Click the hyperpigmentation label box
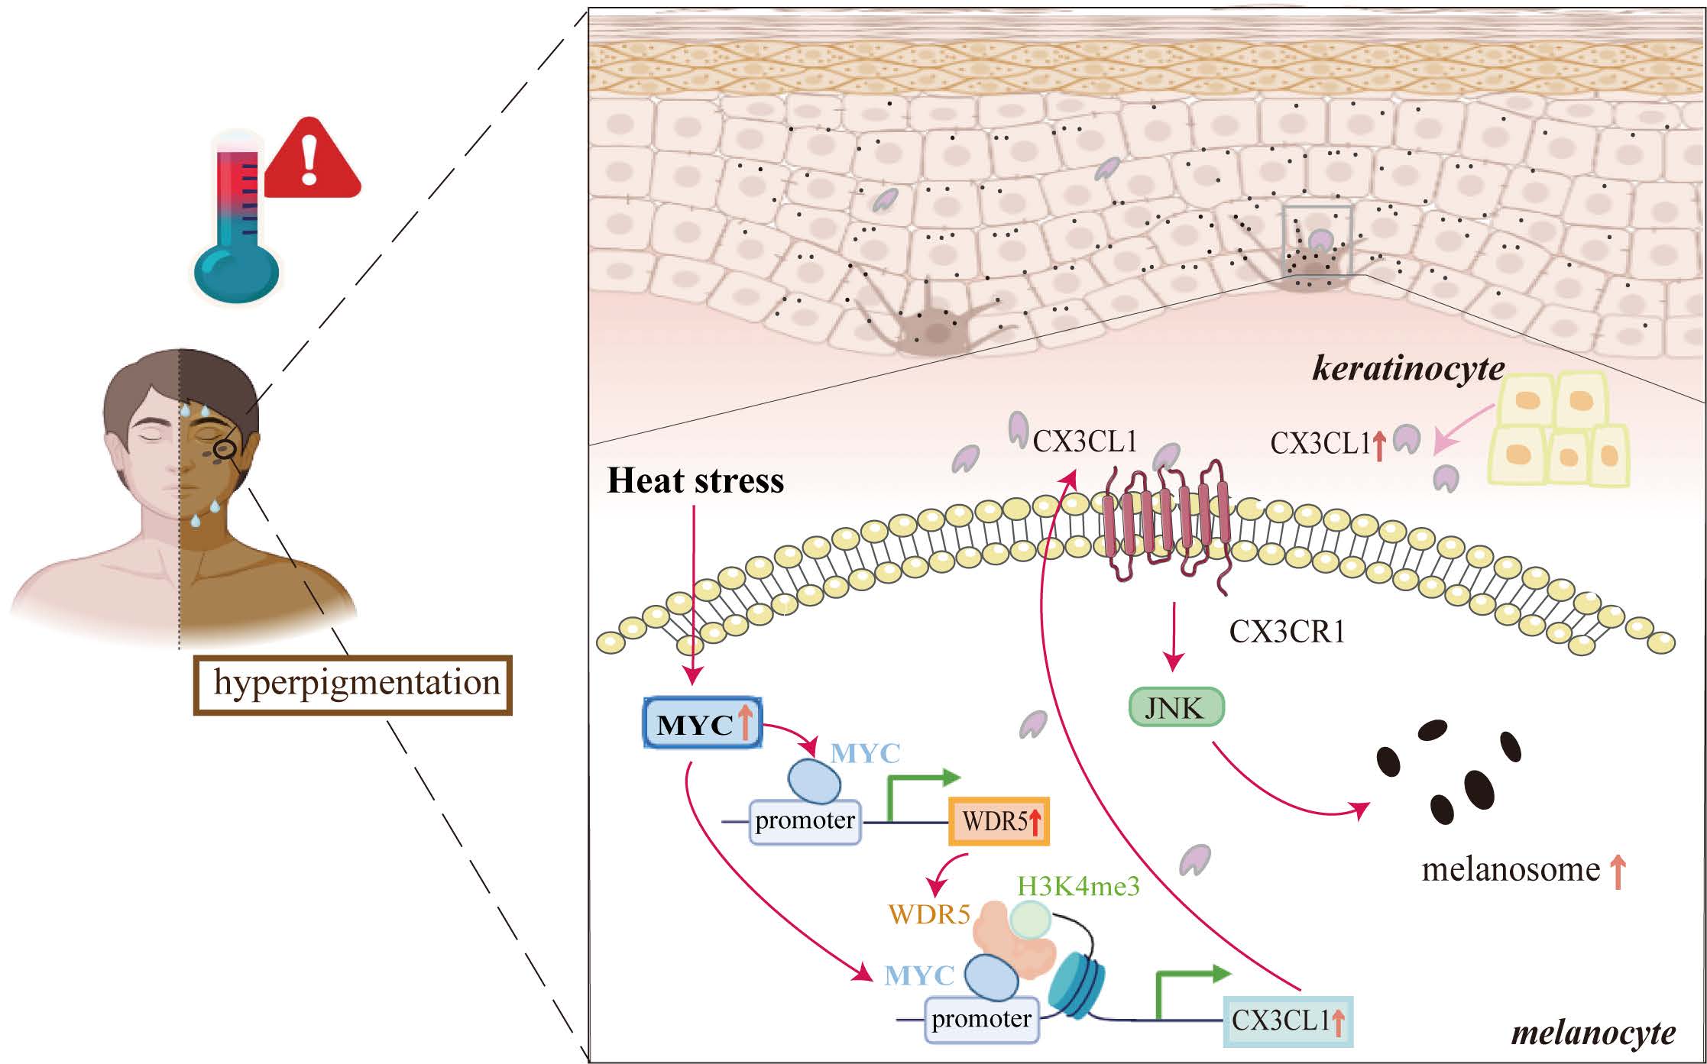(x=353, y=684)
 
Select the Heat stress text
(x=695, y=481)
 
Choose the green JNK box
(x=1176, y=708)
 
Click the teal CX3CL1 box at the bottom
(x=1288, y=1021)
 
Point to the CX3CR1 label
(x=1287, y=632)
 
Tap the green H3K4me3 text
(x=1078, y=886)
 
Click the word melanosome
(x=1511, y=870)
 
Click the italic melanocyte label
(x=1593, y=1033)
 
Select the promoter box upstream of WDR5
(x=805, y=822)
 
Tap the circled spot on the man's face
(x=224, y=450)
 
